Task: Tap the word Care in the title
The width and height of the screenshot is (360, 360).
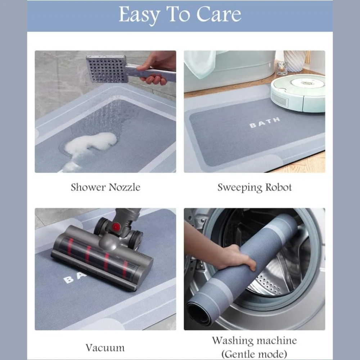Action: (219, 14)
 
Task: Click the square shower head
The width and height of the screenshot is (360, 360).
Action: (107, 69)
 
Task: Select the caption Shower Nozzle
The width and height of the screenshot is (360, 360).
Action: (105, 187)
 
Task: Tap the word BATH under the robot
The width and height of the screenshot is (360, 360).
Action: (265, 122)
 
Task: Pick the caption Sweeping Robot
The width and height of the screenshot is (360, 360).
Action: (255, 187)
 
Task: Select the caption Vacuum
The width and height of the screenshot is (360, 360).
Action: (105, 348)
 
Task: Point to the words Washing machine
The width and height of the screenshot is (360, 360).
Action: (255, 341)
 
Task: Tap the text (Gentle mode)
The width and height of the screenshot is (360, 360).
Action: (255, 354)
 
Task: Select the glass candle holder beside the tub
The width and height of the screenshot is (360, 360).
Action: (282, 68)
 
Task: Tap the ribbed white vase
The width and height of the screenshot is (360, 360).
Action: (295, 61)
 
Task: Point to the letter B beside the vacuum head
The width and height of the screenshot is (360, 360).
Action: (68, 280)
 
